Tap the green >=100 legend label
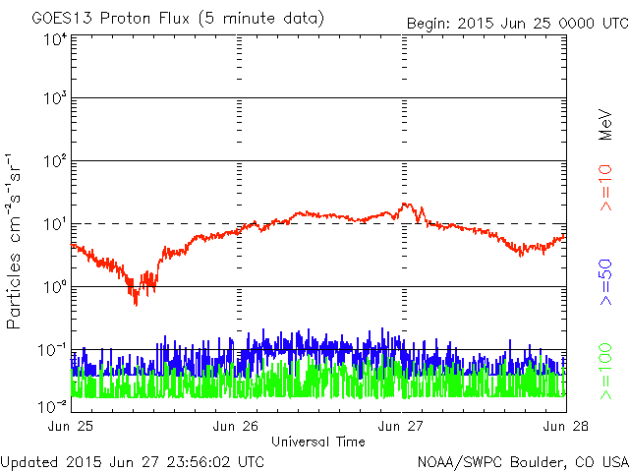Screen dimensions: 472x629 click(x=606, y=371)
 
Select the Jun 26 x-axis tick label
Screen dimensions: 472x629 click(x=238, y=426)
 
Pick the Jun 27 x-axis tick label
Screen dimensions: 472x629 click(x=403, y=426)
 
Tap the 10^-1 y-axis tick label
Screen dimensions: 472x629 click(x=52, y=350)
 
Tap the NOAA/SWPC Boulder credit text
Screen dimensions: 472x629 click(x=522, y=460)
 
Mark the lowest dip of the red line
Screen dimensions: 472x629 click(x=136, y=304)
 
